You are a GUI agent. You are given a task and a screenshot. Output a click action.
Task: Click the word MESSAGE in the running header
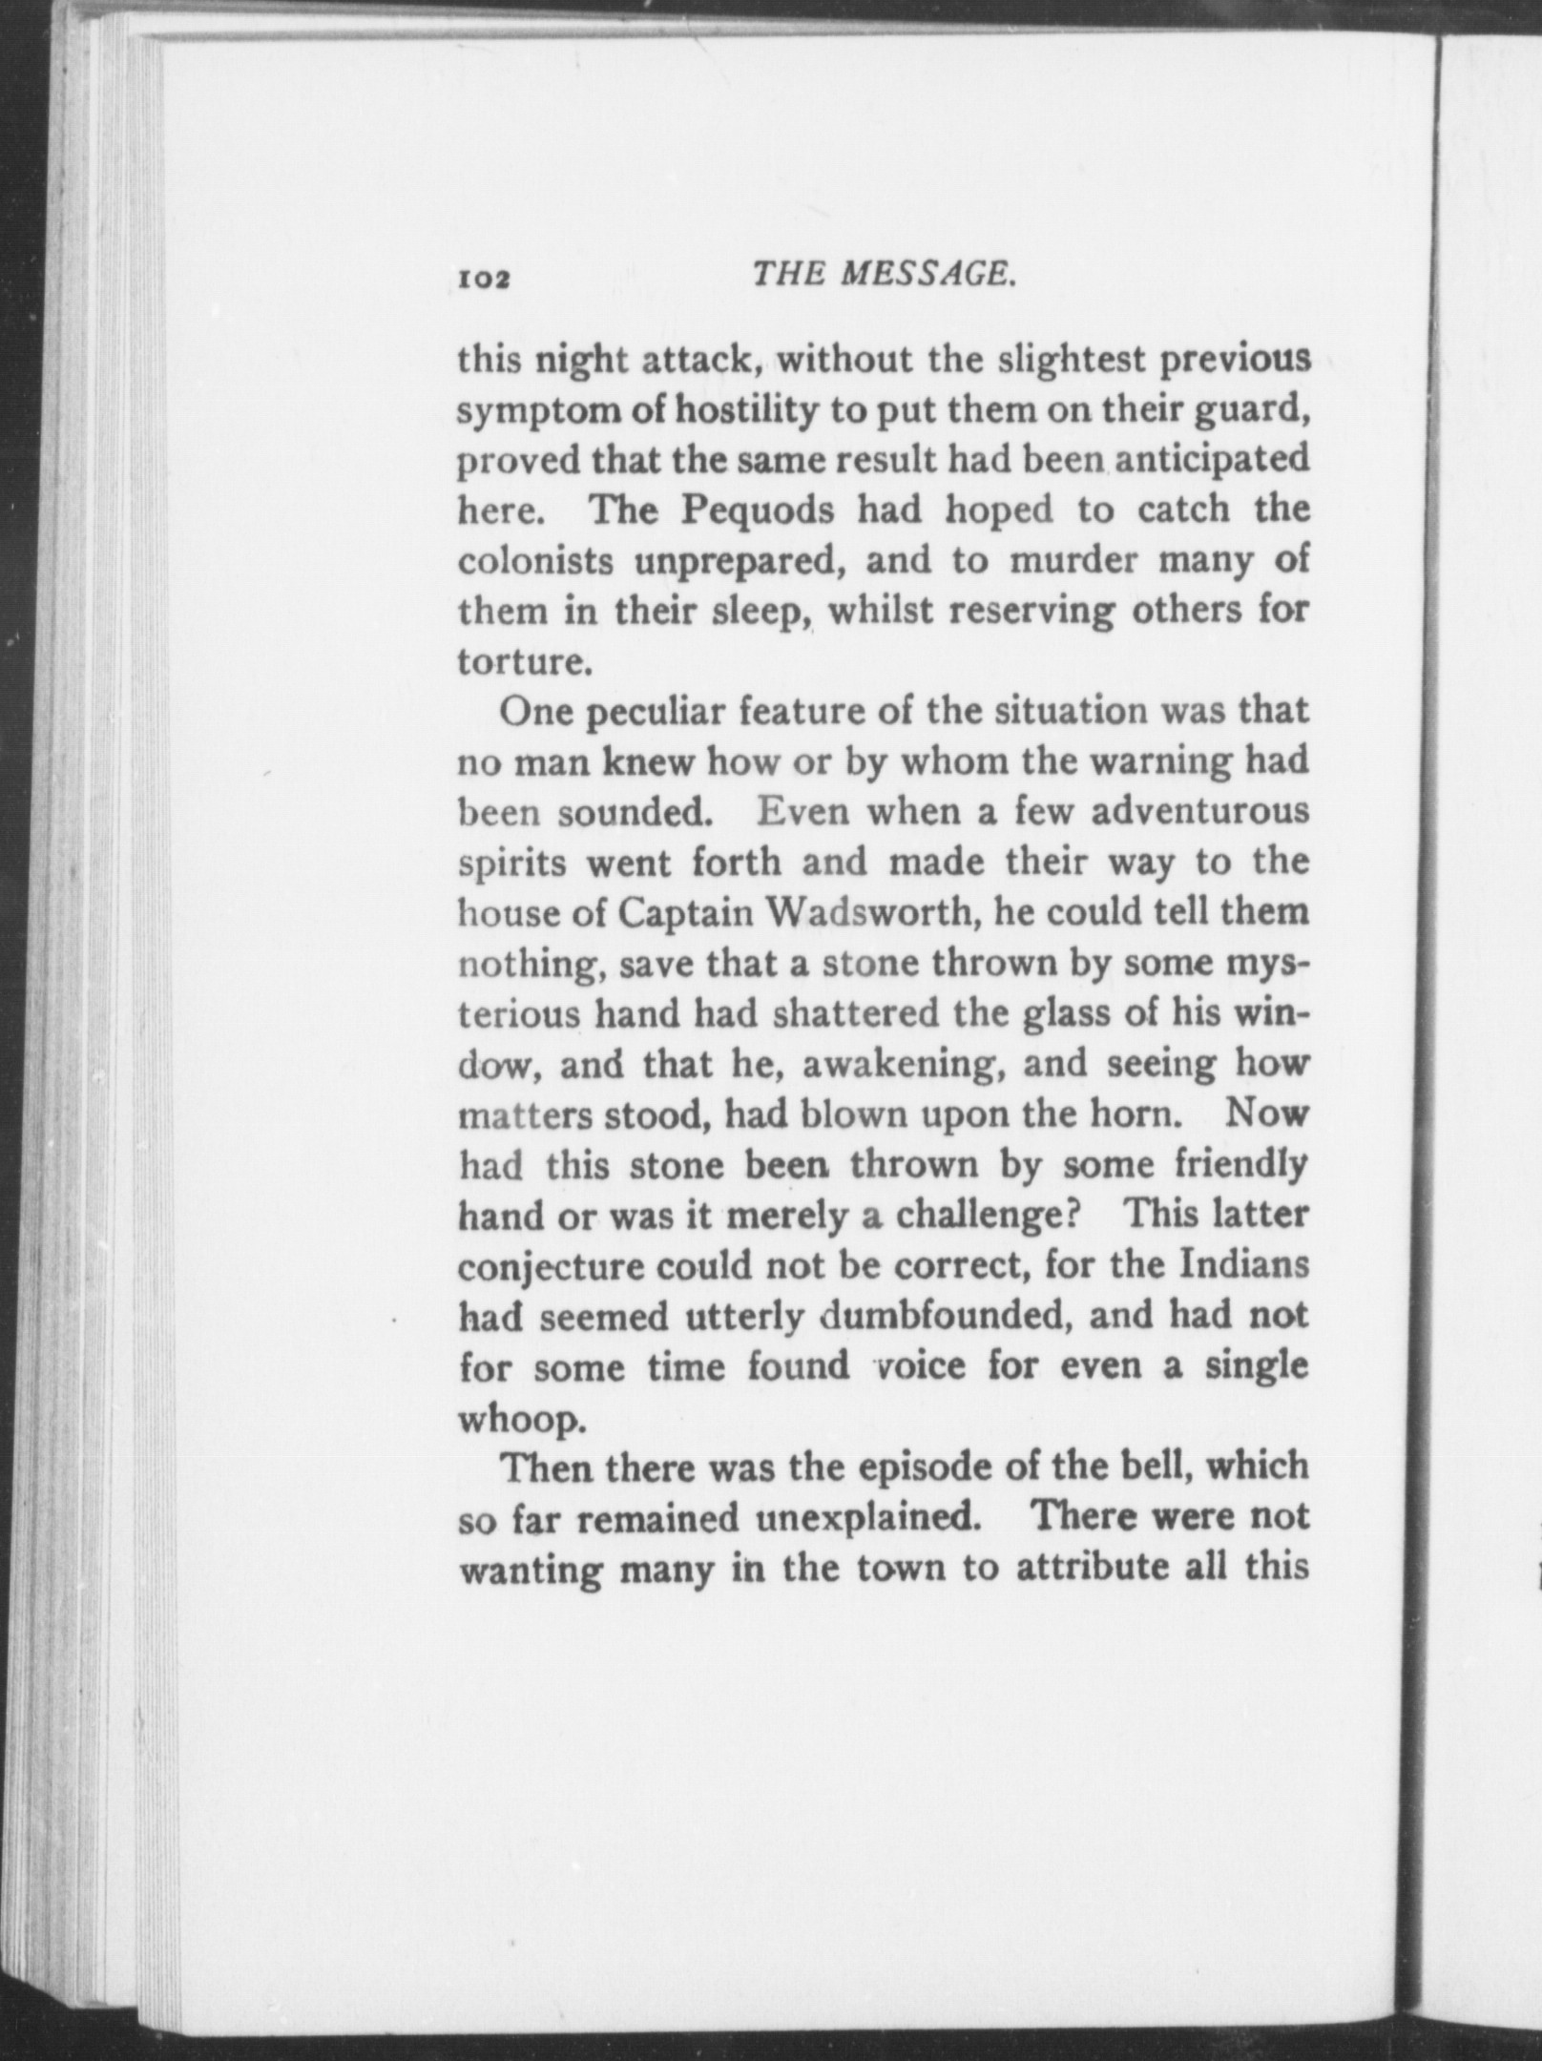point(925,276)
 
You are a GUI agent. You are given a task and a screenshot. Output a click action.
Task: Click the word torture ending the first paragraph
point(518,661)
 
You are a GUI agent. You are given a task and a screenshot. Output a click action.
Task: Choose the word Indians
point(1242,1265)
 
